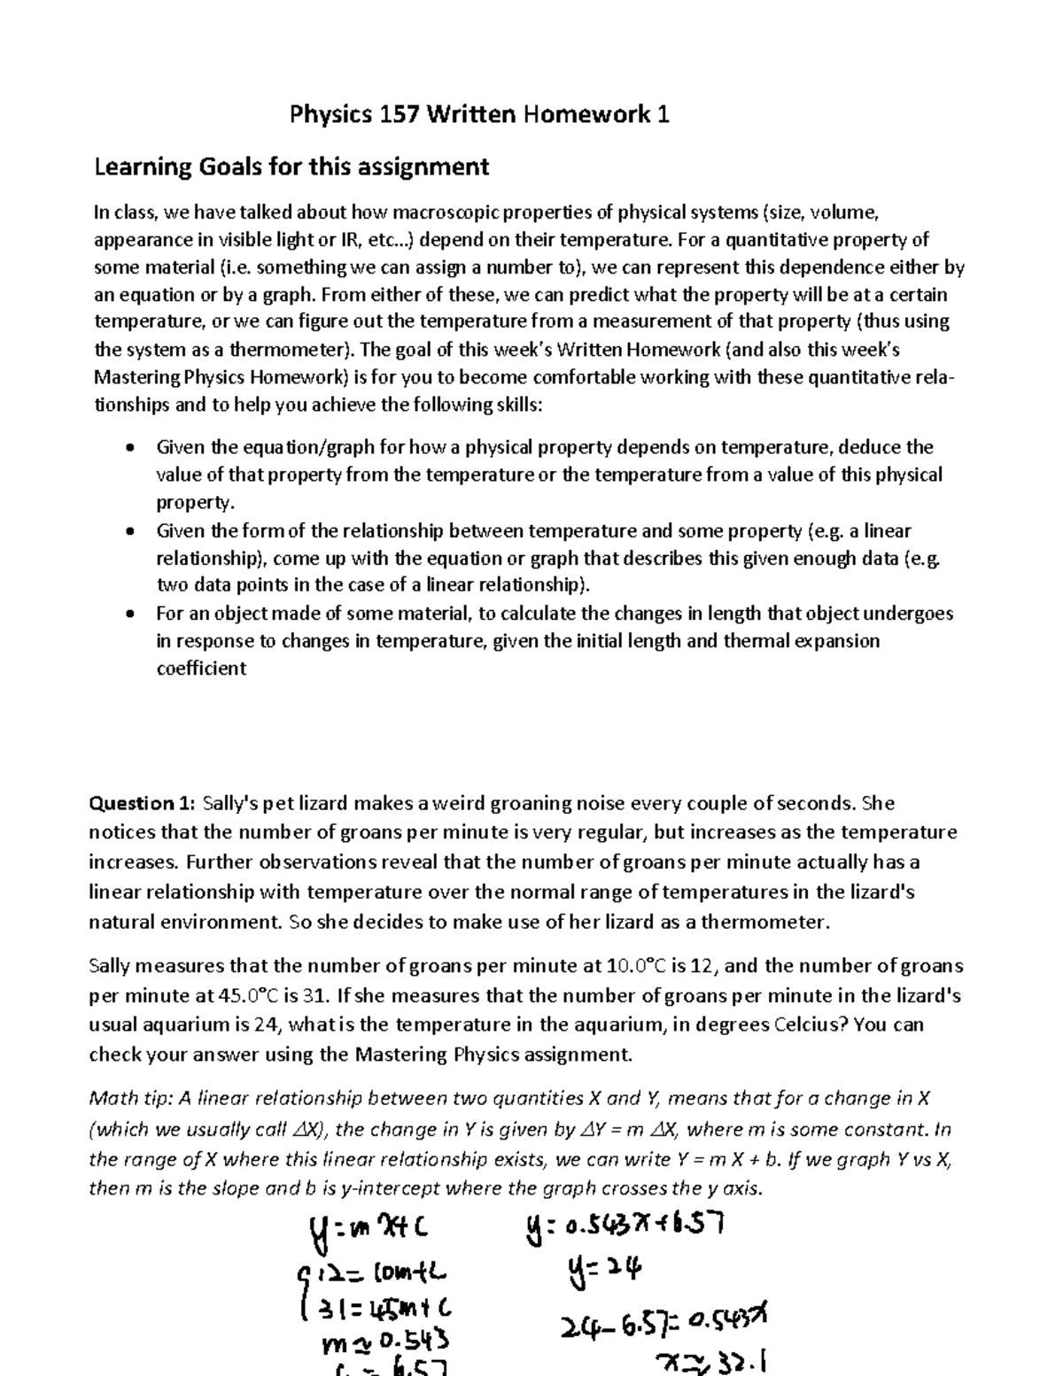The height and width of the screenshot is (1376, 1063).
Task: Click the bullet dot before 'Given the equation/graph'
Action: coord(131,448)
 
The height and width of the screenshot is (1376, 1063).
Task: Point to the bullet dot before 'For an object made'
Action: coord(131,614)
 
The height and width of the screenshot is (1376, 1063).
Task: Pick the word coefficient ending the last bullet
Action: coord(201,669)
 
